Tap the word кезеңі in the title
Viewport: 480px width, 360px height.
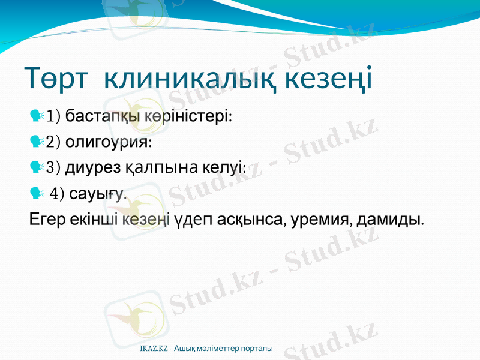(x=328, y=79)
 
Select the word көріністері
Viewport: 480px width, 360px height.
(x=188, y=115)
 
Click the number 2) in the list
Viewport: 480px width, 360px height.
(x=53, y=142)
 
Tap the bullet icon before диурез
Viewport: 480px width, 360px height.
(x=36, y=167)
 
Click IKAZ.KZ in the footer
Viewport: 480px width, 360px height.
(x=154, y=349)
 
